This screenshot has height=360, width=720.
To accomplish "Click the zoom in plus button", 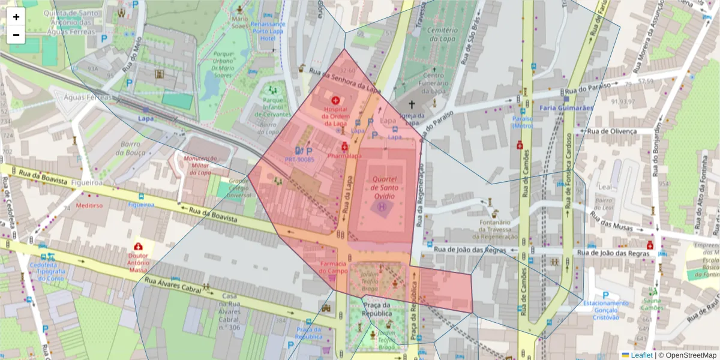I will coord(16,17).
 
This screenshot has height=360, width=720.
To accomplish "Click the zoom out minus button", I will coord(16,35).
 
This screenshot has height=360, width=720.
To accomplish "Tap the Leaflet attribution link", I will coord(641,355).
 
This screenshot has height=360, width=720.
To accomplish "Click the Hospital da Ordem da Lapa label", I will coord(335,116).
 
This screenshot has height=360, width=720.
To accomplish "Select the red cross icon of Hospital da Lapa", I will coord(335,101).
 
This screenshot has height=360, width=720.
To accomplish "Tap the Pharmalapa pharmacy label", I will coord(344,156).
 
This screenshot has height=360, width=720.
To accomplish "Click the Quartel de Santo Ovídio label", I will coord(384,187).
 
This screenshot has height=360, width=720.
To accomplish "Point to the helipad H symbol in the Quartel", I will coord(382,207).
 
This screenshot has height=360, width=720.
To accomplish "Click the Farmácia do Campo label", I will coord(332,267).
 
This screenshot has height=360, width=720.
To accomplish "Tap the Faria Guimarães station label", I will coord(566,108).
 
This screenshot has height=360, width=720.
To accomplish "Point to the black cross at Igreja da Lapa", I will coord(411,104).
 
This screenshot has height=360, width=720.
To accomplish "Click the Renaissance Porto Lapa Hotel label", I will coord(269,31).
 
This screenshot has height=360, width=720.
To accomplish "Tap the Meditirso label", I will coord(89,205).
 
